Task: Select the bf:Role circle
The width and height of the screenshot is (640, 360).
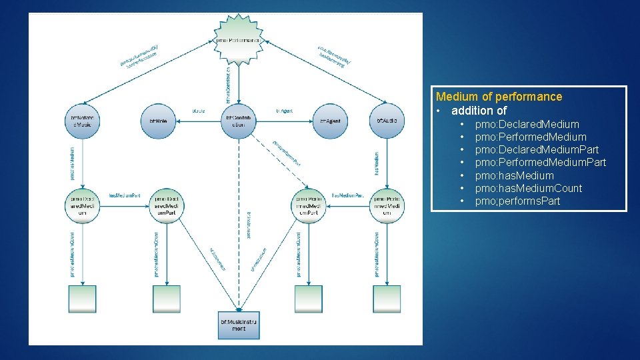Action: pos(157,120)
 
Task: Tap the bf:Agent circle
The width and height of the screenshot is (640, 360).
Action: pos(329,120)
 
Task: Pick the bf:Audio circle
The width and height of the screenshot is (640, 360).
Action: pos(387,120)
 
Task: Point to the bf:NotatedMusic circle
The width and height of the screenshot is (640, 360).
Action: pos(83,121)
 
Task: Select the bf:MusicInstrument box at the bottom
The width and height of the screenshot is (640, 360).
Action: pos(238,325)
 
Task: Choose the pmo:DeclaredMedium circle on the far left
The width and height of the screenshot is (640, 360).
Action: pos(83,205)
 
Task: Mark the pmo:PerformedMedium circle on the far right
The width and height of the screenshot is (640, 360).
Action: pos(387,205)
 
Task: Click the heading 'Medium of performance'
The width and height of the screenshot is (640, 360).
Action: pos(499,97)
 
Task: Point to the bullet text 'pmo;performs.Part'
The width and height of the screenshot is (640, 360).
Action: pos(517,201)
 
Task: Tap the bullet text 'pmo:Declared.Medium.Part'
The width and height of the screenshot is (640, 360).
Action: pos(537,149)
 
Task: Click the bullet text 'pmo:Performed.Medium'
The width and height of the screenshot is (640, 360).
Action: pos(531,137)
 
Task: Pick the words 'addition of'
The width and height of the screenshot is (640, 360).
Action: pos(479,111)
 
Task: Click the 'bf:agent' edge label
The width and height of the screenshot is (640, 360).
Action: pos(283,111)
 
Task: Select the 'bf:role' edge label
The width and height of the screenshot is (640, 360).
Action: pos(198,111)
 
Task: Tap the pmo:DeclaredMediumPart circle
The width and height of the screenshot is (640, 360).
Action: pos(167,205)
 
